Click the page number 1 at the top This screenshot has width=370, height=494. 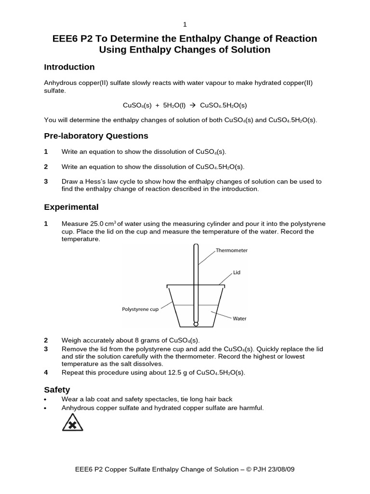(x=185, y=25)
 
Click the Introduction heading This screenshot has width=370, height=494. (x=69, y=67)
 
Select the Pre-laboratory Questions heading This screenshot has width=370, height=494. (x=96, y=136)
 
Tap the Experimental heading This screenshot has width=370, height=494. (x=71, y=207)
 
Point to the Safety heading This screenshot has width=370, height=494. (x=57, y=389)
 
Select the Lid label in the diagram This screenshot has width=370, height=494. (x=237, y=273)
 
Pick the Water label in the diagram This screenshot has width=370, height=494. (x=239, y=318)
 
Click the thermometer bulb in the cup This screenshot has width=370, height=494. (x=196, y=324)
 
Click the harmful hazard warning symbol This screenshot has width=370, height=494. (x=73, y=422)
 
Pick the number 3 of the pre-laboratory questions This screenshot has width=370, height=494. (x=46, y=182)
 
